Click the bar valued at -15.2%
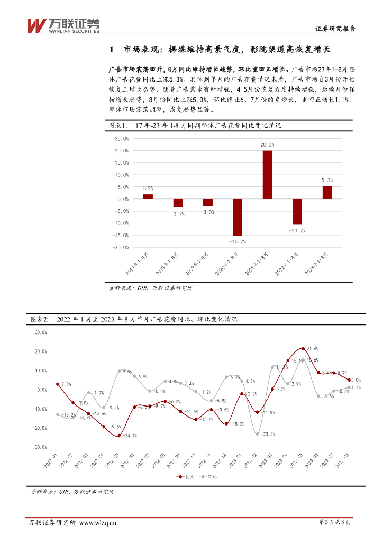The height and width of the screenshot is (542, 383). click(238, 217)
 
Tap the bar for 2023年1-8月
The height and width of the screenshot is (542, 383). click(327, 192)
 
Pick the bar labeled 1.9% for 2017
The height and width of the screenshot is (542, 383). click(148, 196)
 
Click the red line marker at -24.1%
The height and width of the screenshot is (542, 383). click(119, 436)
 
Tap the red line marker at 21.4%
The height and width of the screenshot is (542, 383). click(303, 348)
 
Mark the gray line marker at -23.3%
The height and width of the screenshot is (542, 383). click(257, 434)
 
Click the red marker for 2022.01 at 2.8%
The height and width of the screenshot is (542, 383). click(58, 384)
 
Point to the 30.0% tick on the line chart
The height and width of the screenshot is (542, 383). click(40, 332)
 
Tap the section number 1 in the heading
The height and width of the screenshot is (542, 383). click(111, 50)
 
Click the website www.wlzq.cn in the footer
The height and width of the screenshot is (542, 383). click(97, 523)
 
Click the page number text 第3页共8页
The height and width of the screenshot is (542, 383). click(336, 523)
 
